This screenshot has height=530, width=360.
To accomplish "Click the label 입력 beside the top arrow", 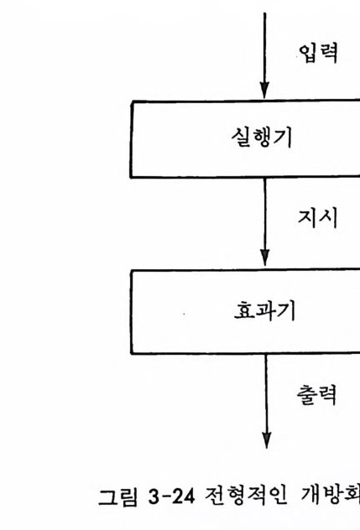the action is tap(318, 53).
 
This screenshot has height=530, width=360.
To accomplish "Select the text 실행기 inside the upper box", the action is tap(262, 138).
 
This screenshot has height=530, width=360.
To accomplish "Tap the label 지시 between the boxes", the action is tap(318, 218).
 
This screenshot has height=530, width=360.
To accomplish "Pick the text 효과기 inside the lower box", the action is tap(264, 310).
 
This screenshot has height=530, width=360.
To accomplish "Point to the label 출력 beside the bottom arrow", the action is tap(316, 394).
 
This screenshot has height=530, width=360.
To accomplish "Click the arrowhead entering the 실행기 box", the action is tap(264, 91).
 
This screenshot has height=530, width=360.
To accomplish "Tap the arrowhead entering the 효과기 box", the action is tap(265, 258).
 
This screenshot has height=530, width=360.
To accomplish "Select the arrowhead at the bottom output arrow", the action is tap(267, 439).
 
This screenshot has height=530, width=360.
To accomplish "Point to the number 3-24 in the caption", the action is tap(171, 496).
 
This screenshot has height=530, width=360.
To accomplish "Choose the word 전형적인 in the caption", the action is tap(246, 496).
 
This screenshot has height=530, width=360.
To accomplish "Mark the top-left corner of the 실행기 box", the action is tap(133, 101).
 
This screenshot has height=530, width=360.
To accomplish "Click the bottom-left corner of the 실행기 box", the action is tap(131, 176).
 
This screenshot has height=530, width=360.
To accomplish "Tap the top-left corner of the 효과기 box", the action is tap(131, 272).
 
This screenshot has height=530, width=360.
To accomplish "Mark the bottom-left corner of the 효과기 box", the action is tap(132, 353).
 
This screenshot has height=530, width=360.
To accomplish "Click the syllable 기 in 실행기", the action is tap(283, 138).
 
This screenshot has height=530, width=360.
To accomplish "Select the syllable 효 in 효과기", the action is tap(244, 310).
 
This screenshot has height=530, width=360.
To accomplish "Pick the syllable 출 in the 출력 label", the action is tap(306, 394).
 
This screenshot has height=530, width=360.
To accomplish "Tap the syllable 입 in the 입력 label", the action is tap(308, 54).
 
